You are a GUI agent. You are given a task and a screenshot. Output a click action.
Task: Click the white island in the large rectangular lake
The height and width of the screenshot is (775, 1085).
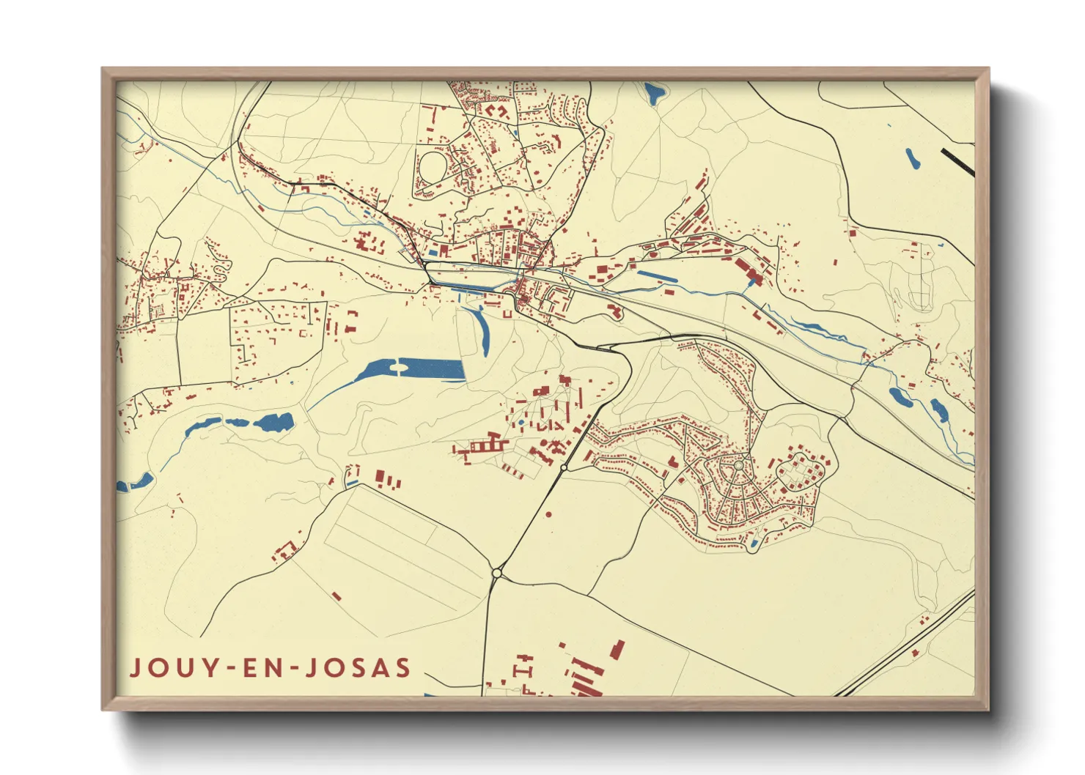pyautogui.click(x=399, y=368)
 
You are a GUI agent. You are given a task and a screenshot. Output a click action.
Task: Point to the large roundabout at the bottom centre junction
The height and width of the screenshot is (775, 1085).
pyautogui.click(x=497, y=573)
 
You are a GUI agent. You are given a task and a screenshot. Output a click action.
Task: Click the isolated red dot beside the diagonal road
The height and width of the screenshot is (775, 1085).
pyautogui.click(x=549, y=515)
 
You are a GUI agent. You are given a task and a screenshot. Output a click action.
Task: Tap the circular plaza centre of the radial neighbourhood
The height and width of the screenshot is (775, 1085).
pyautogui.click(x=738, y=464)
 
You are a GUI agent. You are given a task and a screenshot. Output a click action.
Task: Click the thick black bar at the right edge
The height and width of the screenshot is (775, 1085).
pyautogui.click(x=958, y=163)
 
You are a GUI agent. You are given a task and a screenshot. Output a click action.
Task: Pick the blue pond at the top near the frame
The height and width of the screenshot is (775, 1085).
pyautogui.click(x=652, y=93)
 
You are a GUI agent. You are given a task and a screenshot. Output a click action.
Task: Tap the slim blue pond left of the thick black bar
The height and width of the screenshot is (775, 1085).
pyautogui.click(x=912, y=158)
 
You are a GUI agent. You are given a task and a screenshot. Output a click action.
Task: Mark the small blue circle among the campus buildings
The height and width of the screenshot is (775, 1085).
pyautogui.click(x=521, y=423)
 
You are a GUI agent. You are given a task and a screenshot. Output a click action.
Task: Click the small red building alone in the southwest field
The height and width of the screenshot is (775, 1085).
pyautogui.click(x=336, y=597)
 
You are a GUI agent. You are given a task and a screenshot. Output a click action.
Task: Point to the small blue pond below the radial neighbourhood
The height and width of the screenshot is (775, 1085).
pyautogui.click(x=754, y=543)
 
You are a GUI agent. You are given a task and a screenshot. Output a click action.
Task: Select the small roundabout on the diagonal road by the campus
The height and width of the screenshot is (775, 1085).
pyautogui.click(x=564, y=467)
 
